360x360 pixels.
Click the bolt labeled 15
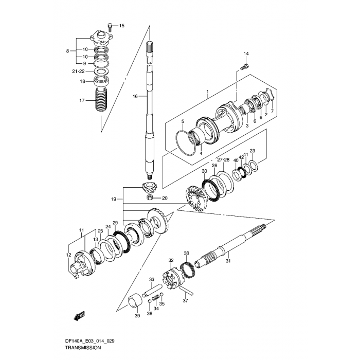tap(110, 27)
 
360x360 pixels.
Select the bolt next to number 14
tap(244, 66)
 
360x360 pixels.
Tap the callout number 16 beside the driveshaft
tap(135, 96)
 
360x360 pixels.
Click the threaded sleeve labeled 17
tap(101, 100)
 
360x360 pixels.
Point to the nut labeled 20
tap(150, 197)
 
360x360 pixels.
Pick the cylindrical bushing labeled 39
tap(135, 300)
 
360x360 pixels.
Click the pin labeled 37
tap(186, 291)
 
